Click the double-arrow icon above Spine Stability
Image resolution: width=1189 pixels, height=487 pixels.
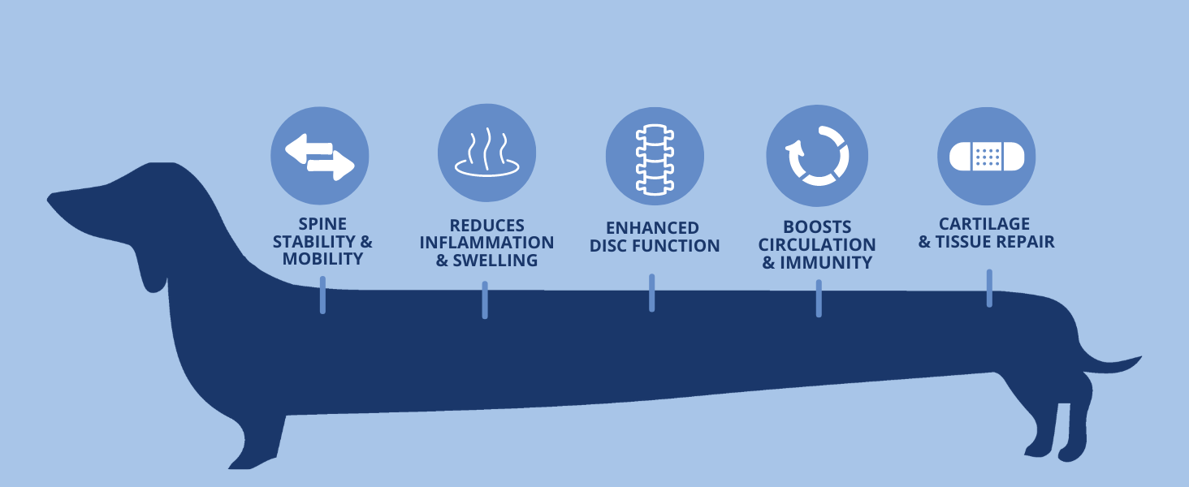[319, 157]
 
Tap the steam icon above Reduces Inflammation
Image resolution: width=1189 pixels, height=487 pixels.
[486, 154]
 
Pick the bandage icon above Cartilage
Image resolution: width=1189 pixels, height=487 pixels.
[986, 155]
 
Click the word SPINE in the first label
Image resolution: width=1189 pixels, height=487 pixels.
[322, 224]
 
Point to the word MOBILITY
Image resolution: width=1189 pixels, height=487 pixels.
[322, 260]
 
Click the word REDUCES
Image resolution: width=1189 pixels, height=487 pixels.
[487, 226]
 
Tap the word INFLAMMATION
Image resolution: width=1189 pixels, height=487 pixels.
[487, 243]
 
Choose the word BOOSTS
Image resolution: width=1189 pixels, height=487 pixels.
[817, 226]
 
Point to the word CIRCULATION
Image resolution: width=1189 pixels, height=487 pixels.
[817, 244]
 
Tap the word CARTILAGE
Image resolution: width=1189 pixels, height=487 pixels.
[984, 223]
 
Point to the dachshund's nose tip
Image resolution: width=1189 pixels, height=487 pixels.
[51, 198]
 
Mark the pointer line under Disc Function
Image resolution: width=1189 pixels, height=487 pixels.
[651, 292]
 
